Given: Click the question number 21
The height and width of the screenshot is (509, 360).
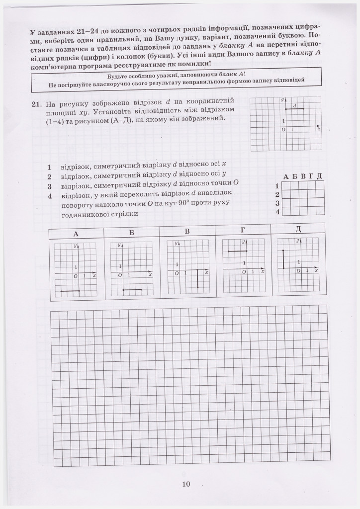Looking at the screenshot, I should (35, 104).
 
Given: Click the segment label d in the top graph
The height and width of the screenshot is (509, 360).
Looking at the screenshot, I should (295, 106).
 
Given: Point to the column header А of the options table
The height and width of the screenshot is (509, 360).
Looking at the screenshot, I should (76, 234).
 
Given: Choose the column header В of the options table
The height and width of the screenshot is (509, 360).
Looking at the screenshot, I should (187, 231).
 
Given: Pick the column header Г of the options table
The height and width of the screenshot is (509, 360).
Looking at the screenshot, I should (242, 230).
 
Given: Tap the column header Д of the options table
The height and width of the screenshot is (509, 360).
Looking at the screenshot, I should (298, 228).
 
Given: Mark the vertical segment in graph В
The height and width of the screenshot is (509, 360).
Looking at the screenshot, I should (197, 279).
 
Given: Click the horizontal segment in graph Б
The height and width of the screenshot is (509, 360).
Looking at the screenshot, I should (132, 289).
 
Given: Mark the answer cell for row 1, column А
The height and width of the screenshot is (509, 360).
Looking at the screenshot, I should (286, 185).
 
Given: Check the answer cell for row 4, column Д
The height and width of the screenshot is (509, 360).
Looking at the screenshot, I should (319, 212).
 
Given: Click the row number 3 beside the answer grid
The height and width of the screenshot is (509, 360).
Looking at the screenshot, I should (277, 203).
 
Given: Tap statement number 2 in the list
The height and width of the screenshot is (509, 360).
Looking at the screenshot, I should (49, 176).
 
